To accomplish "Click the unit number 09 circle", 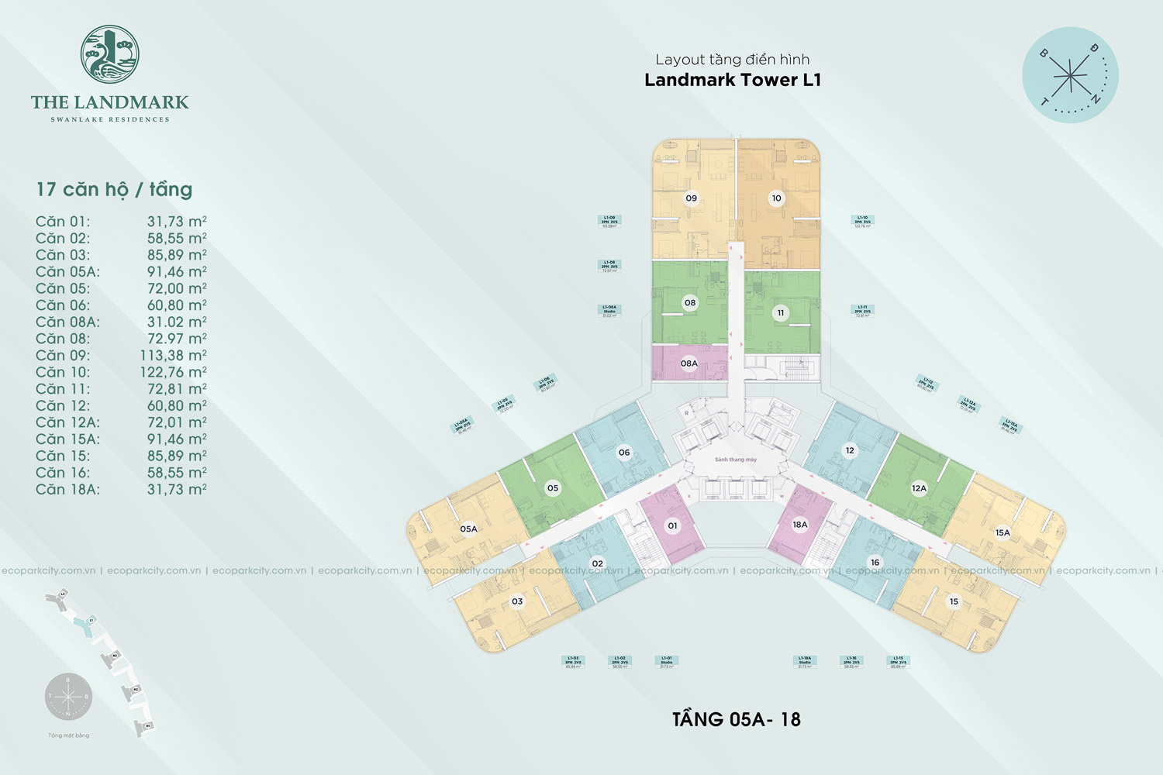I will [691, 198].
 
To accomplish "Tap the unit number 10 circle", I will [776, 198].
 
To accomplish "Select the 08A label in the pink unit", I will [689, 363].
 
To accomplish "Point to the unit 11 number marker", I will [781, 313].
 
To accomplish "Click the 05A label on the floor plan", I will [468, 529].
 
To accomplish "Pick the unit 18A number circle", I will [800, 525].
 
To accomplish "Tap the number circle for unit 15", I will [954, 601].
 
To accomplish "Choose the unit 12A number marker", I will [919, 488].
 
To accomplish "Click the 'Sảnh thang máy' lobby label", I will [735, 460].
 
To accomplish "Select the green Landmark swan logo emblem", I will [110, 53].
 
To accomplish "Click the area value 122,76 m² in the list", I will [173, 372].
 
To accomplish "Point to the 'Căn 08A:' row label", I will [67, 322].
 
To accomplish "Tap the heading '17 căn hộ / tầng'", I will [114, 189].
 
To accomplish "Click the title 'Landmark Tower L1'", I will [733, 80].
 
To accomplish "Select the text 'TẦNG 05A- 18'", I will [736, 719].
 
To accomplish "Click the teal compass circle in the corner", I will [1070, 75].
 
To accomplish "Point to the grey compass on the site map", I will [68, 697].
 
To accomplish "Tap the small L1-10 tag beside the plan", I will [862, 222].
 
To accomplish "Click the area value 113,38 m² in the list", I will [173, 356].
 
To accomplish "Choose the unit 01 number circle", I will [672, 525].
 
